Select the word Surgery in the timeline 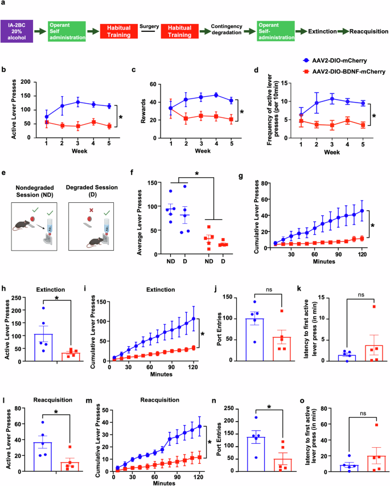click(x=149, y=26)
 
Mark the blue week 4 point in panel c click(x=216, y=95)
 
